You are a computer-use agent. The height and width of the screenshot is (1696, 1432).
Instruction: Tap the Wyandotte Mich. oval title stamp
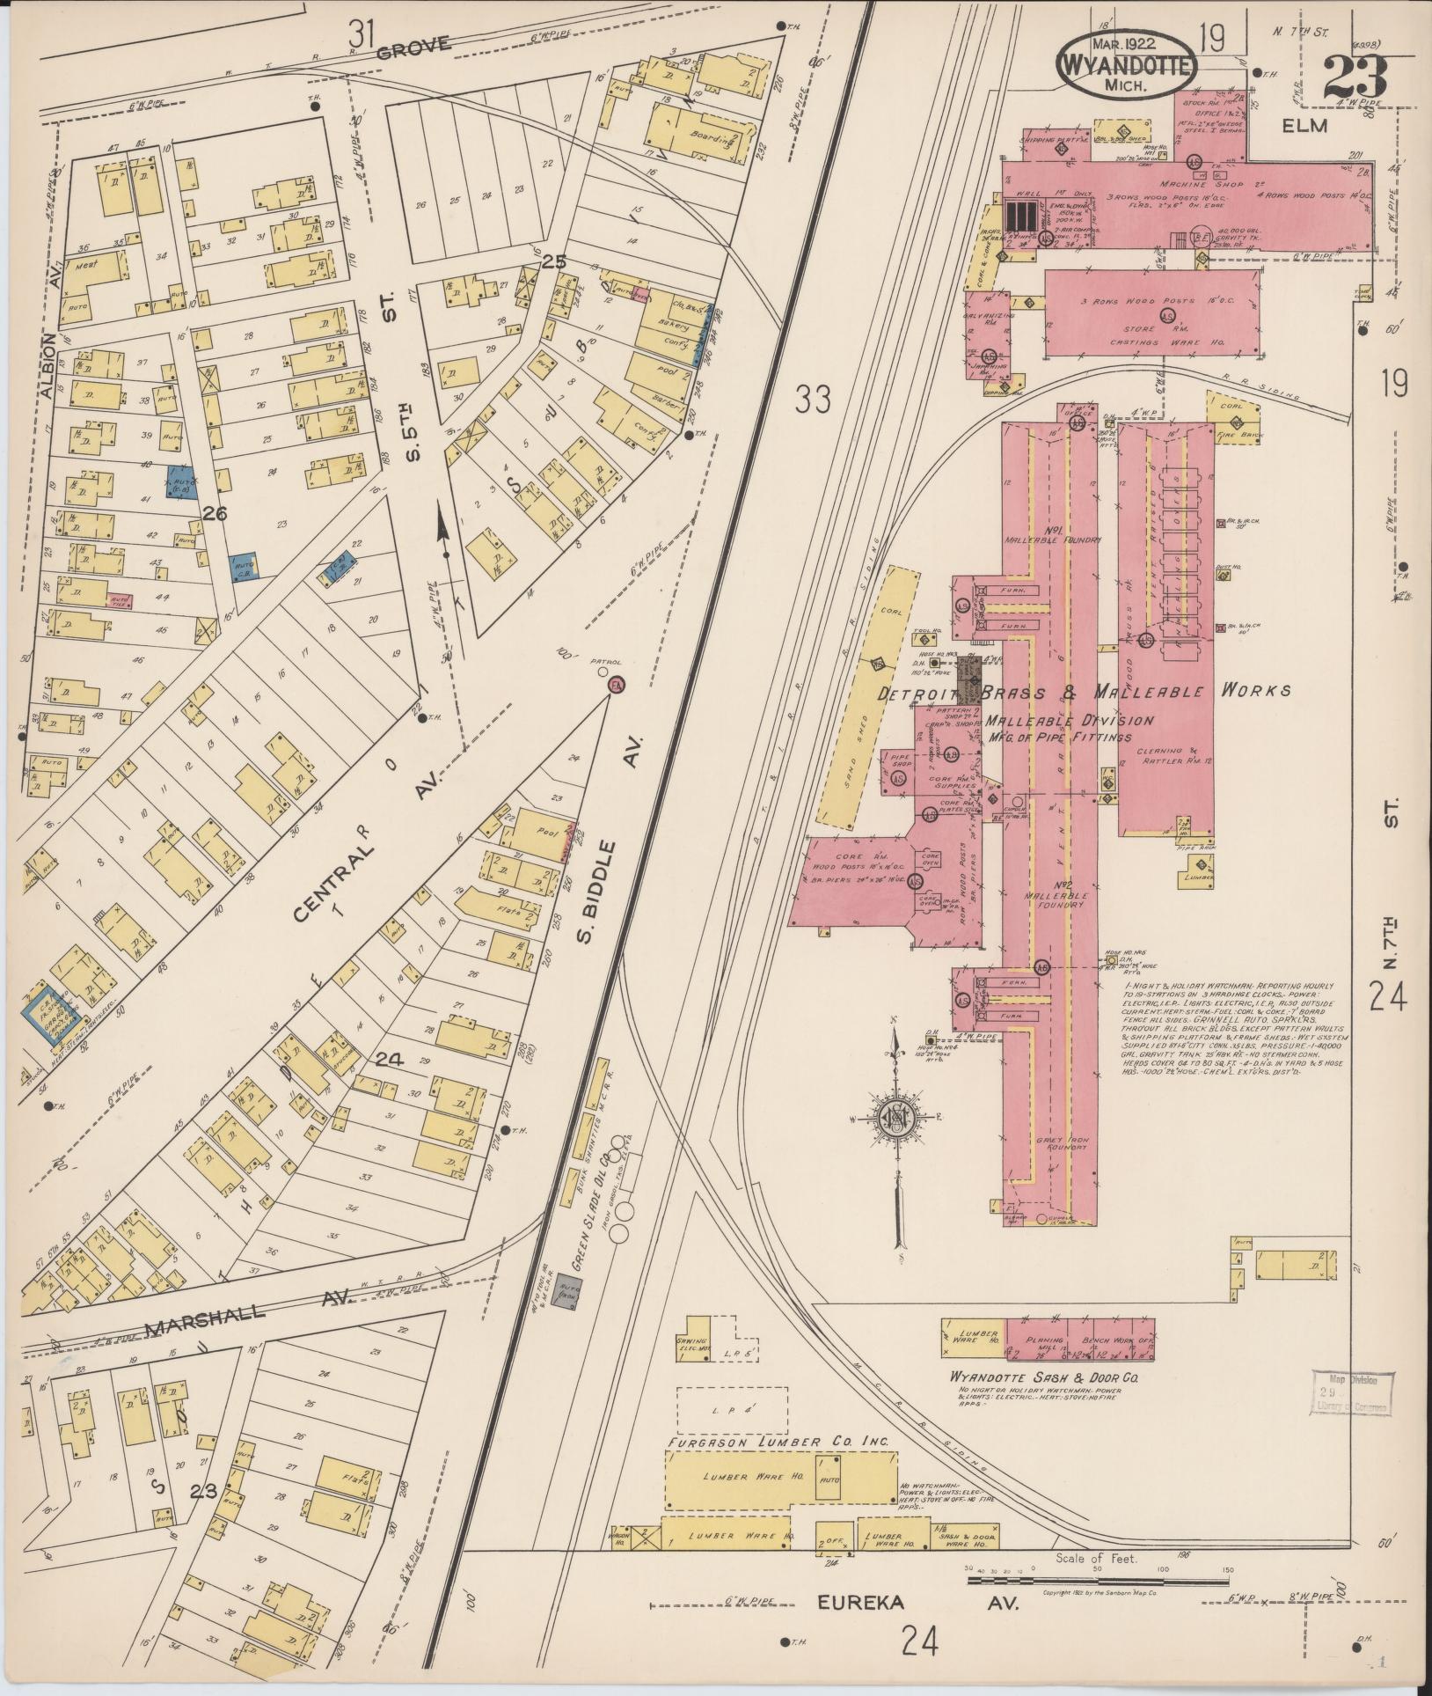click(x=1126, y=63)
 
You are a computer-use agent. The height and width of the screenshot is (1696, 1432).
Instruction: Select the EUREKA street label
click(x=863, y=1603)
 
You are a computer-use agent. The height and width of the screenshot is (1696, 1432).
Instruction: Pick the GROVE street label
click(x=413, y=48)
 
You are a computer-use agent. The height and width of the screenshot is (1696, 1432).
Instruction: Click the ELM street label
click(x=1304, y=126)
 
